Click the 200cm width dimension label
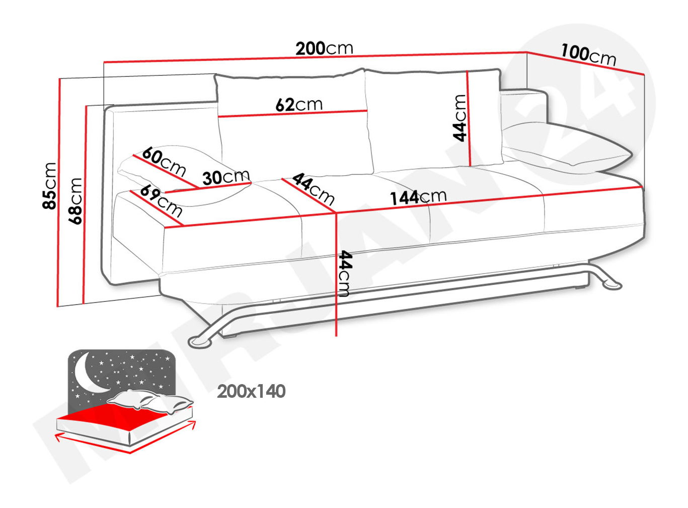tap(324, 48)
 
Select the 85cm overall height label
tap(49, 186)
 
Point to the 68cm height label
tap(75, 201)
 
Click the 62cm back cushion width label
tap(299, 105)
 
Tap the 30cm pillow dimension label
tap(226, 177)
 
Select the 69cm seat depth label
tap(161, 201)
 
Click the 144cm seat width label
tap(418, 197)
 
